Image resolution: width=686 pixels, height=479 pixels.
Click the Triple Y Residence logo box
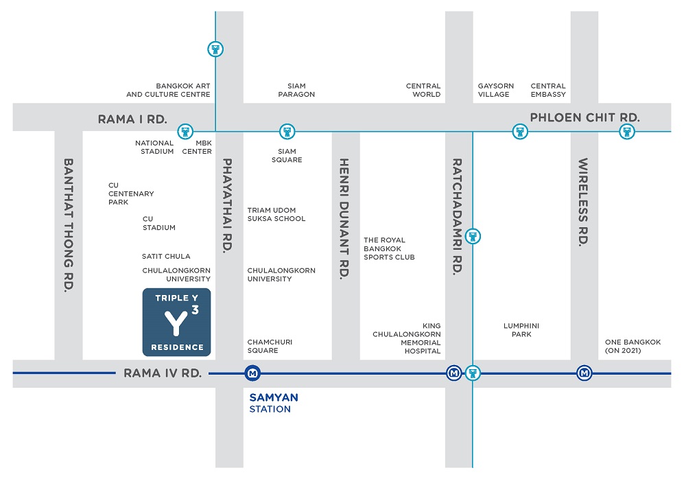[177, 323]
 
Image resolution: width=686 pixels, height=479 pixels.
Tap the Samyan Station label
[274, 404]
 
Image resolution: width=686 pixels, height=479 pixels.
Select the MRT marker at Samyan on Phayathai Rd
[252, 373]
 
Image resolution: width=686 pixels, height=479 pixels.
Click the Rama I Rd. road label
[132, 119]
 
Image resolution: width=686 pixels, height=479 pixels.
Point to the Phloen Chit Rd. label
[585, 117]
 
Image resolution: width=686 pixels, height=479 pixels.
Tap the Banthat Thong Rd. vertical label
[69, 225]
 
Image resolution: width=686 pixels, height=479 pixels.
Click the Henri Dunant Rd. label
[345, 218]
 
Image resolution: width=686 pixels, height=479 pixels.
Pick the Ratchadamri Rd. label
[457, 216]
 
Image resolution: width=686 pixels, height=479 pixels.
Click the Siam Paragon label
[296, 90]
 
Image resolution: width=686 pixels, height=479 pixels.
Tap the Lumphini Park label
[521, 330]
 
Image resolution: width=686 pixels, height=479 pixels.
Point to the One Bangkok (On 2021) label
[632, 347]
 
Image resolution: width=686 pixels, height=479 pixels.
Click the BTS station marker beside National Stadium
[185, 131]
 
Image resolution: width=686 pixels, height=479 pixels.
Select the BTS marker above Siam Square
[287, 131]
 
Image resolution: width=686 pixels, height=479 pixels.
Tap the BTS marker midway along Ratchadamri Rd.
[473, 237]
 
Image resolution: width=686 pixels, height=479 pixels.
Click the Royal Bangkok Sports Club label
[389, 248]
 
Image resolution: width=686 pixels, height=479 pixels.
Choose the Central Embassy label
[548, 90]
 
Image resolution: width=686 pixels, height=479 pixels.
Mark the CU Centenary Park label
[131, 194]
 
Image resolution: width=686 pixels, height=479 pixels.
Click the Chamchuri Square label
[270, 347]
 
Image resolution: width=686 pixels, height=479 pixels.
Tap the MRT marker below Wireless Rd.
[584, 373]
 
